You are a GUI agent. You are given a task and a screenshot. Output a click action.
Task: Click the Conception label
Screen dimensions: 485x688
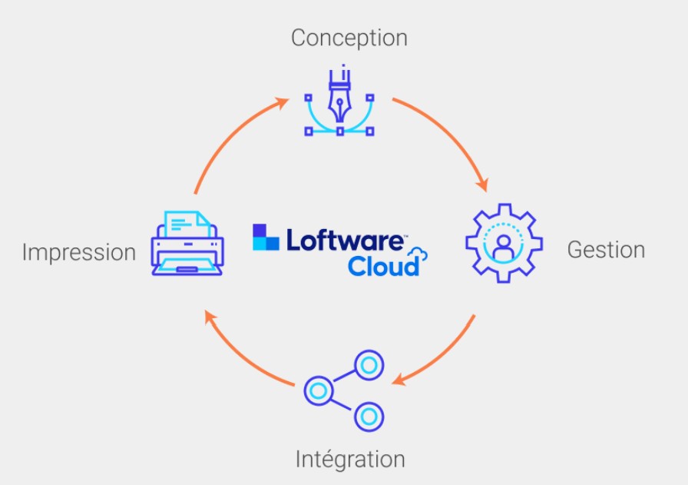(x=349, y=37)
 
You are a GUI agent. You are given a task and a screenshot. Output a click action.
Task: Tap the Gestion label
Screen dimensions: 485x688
(x=606, y=250)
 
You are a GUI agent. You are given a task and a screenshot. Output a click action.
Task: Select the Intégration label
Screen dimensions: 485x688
(x=350, y=459)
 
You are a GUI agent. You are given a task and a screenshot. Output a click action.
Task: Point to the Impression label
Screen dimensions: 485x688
(x=78, y=251)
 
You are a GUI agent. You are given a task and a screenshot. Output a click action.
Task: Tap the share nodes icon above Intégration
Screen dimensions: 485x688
(x=344, y=390)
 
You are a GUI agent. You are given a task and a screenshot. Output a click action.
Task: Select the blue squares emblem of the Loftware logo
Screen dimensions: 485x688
(x=266, y=237)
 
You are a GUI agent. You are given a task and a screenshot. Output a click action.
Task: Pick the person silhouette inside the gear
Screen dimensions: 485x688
(x=504, y=247)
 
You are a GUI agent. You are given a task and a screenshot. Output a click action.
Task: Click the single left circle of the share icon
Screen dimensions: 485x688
(x=317, y=390)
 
